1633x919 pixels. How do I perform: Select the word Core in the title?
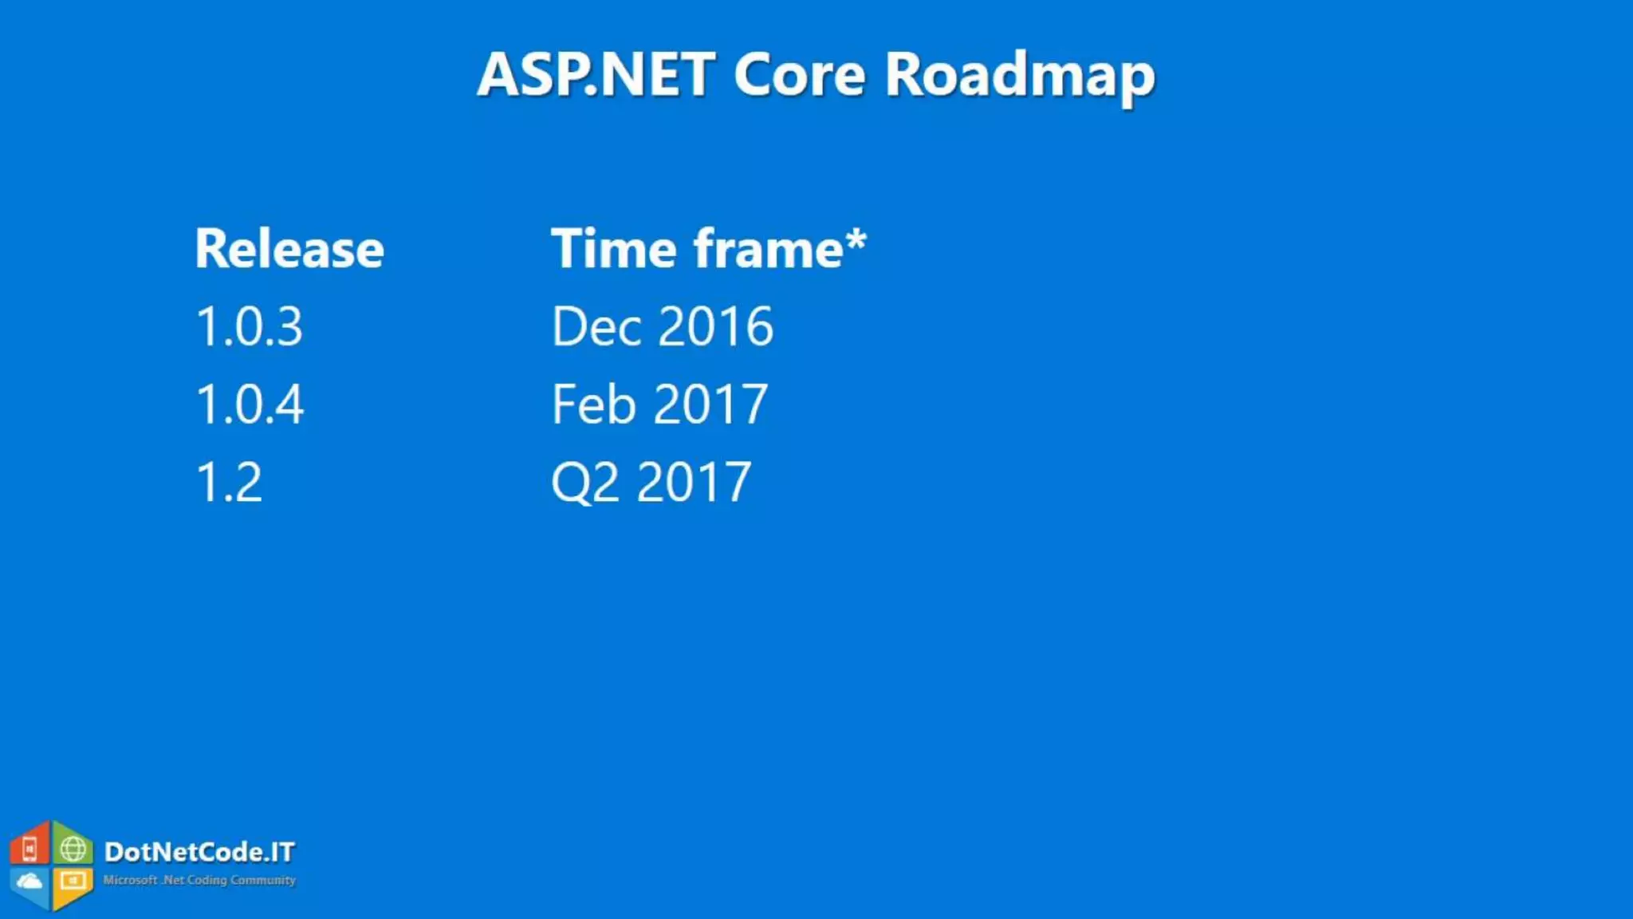coord(799,74)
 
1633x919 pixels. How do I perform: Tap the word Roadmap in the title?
coord(1020,76)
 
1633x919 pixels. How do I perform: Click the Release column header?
coord(289,249)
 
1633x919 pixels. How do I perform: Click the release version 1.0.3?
coord(250,326)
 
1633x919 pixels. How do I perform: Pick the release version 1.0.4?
coord(250,404)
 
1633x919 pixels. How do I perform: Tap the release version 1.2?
coord(229,482)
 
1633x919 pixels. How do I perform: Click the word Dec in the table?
coord(596,326)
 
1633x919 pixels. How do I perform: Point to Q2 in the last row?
coord(584,482)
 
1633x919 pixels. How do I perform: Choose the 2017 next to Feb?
coord(710,404)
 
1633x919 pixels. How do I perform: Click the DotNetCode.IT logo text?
coord(199,852)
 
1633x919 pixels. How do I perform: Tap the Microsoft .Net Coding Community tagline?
coord(199,880)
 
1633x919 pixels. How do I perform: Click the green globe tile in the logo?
coord(73,849)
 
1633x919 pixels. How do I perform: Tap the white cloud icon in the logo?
coord(30,882)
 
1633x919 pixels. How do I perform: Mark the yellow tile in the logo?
coord(73,882)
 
